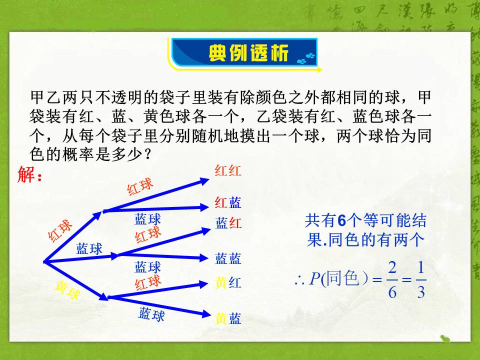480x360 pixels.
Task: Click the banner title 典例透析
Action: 248,53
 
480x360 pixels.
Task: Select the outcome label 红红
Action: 228,171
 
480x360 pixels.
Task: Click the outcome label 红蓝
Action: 228,202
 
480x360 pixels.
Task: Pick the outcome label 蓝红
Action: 228,223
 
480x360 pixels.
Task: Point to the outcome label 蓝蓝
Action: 228,258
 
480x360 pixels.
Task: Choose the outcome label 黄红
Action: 228,283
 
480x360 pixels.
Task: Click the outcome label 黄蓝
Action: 228,318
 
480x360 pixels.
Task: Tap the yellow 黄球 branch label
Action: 67,290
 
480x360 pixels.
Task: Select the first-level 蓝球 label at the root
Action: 89,248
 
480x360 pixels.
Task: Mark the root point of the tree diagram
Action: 44,261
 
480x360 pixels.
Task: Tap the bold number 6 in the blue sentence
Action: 342,220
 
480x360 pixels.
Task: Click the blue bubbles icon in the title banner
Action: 306,57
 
